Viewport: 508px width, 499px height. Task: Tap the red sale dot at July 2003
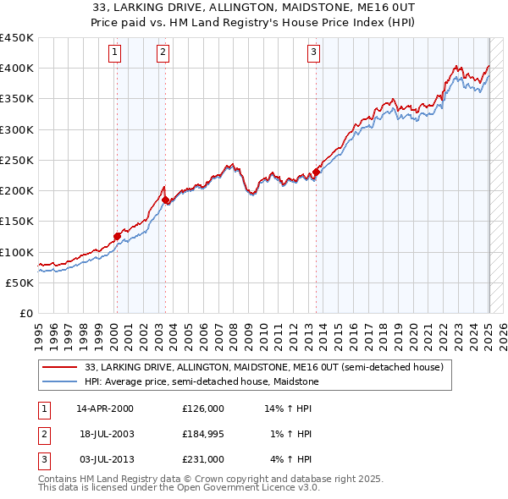tap(166, 200)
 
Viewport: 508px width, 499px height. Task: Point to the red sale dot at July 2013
tap(316, 172)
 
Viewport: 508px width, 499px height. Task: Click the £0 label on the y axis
tap(25, 314)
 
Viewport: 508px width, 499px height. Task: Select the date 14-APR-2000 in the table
tap(105, 409)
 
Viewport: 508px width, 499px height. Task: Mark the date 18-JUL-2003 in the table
tap(105, 434)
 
